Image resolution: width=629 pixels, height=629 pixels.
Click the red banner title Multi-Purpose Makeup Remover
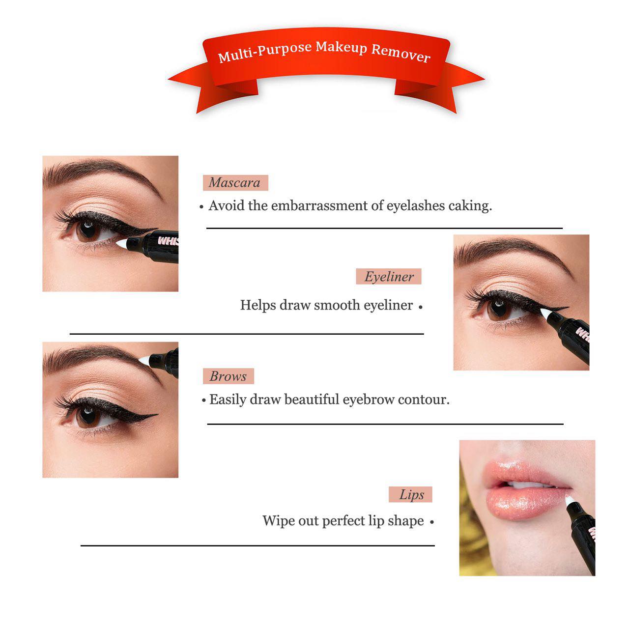[324, 51]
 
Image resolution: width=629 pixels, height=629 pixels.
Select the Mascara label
[235, 183]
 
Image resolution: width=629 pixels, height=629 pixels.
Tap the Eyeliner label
[389, 277]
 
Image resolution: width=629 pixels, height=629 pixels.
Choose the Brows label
[228, 376]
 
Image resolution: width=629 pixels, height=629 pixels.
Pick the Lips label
[411, 495]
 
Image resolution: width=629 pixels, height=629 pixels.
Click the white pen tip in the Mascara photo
[121, 242]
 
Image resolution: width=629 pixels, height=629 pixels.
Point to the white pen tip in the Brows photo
[144, 361]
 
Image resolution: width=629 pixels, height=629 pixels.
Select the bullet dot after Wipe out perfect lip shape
[432, 522]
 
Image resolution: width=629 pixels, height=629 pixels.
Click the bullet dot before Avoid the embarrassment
[201, 207]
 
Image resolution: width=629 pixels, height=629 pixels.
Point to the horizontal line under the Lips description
[257, 545]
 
